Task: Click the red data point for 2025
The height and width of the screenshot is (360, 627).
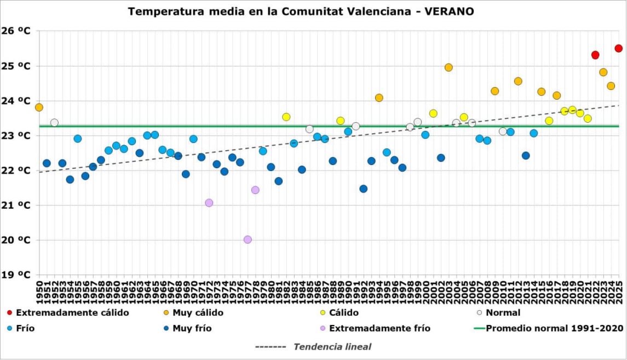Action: click(x=618, y=48)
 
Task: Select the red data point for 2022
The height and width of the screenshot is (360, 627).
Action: click(x=595, y=55)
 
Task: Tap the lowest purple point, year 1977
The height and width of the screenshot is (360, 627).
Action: click(x=248, y=239)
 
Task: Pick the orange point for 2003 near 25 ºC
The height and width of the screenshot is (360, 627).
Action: click(x=448, y=67)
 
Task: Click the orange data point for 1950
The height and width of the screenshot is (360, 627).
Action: click(x=39, y=107)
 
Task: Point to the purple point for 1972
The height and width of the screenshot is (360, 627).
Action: click(x=209, y=203)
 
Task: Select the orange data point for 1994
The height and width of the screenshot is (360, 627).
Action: click(x=379, y=98)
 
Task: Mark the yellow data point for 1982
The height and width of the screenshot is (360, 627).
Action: click(x=286, y=117)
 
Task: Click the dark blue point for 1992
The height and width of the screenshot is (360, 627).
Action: click(x=364, y=188)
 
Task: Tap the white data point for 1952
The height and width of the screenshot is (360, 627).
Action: click(x=54, y=123)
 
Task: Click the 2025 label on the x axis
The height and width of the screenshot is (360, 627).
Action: click(x=619, y=293)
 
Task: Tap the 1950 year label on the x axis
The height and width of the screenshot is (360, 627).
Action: click(x=39, y=293)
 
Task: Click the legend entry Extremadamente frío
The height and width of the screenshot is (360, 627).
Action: click(x=379, y=329)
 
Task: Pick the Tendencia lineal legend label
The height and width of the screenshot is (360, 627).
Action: click(x=332, y=346)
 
